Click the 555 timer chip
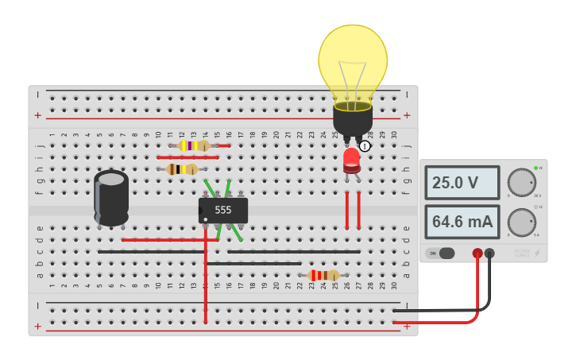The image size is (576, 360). (x=223, y=211)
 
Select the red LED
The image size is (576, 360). (x=351, y=160)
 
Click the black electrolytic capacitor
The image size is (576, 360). (x=111, y=198)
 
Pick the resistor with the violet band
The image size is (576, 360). (x=193, y=145)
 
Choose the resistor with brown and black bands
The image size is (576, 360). (x=183, y=169)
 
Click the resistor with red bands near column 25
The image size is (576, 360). (x=323, y=275)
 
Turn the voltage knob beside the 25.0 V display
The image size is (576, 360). (x=521, y=182)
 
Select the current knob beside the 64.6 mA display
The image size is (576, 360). (x=521, y=222)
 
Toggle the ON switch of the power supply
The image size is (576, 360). (x=442, y=254)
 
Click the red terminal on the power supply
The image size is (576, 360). (x=477, y=254)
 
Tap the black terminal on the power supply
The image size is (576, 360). (x=489, y=254)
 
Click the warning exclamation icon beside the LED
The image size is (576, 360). (x=365, y=146)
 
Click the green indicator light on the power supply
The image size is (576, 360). (x=535, y=168)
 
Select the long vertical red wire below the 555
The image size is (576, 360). (x=206, y=286)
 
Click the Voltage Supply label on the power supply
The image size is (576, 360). (x=521, y=253)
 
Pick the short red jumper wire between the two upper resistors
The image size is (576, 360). (x=187, y=157)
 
